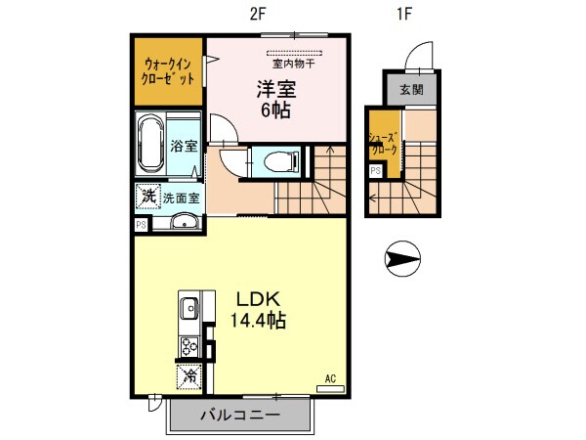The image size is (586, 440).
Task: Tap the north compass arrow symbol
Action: pos(401,259)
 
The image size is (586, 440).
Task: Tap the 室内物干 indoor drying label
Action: pos(292,64)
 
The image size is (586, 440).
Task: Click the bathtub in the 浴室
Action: pos(150,144)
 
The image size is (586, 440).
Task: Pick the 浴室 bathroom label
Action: pos(184,148)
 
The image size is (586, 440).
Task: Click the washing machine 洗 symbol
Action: pos(147,196)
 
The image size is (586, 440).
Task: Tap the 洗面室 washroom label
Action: pos(182,198)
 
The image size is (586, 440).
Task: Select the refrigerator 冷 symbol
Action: pos(188,374)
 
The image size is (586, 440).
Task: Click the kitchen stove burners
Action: pos(188,345)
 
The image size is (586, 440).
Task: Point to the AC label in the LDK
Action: pos(331,378)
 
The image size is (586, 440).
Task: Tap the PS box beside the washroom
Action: pos(142,224)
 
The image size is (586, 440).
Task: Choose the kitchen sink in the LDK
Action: pos(188,311)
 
